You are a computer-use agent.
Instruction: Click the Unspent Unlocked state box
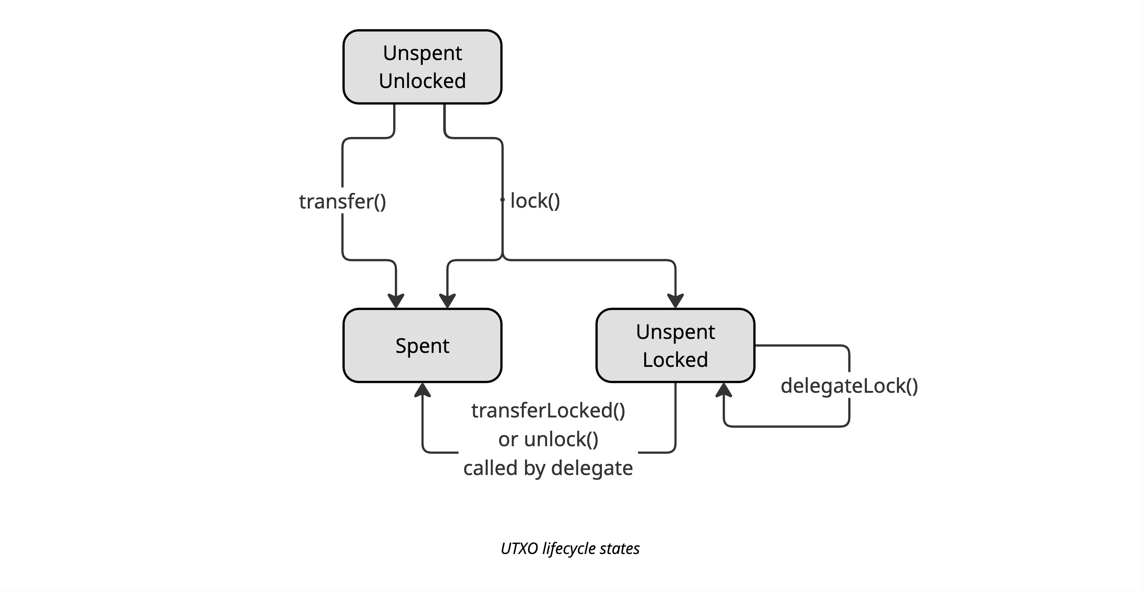(422, 67)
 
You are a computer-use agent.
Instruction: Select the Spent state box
(422, 345)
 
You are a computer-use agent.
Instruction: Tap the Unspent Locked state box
(675, 345)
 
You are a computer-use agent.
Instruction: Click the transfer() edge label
(343, 202)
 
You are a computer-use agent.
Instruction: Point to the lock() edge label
(535, 201)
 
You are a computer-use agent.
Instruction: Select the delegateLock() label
(849, 385)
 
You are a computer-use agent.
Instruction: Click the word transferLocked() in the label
(548, 410)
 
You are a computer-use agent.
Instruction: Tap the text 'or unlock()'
(548, 439)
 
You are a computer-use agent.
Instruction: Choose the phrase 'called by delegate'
(548, 468)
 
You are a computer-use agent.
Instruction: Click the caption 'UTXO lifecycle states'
(570, 548)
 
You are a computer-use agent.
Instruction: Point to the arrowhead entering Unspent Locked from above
(675, 301)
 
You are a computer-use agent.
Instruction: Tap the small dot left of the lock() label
(502, 200)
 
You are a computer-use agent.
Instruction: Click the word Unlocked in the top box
(422, 81)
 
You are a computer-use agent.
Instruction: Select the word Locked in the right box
(675, 360)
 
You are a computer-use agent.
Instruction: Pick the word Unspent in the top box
(422, 53)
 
